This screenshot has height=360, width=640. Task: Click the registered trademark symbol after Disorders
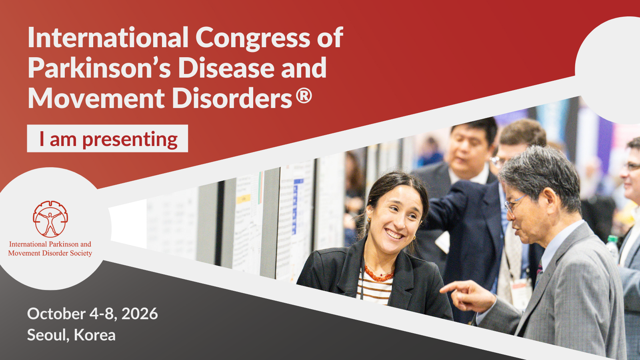304,96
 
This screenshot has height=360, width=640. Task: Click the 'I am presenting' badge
108,138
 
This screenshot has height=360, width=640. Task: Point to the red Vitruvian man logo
50,219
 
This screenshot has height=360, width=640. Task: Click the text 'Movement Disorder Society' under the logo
50,253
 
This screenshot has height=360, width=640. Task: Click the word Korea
94,335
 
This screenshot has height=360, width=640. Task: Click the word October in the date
56,314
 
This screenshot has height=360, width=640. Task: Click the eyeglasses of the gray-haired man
514,202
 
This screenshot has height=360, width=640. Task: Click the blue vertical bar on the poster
294,208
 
